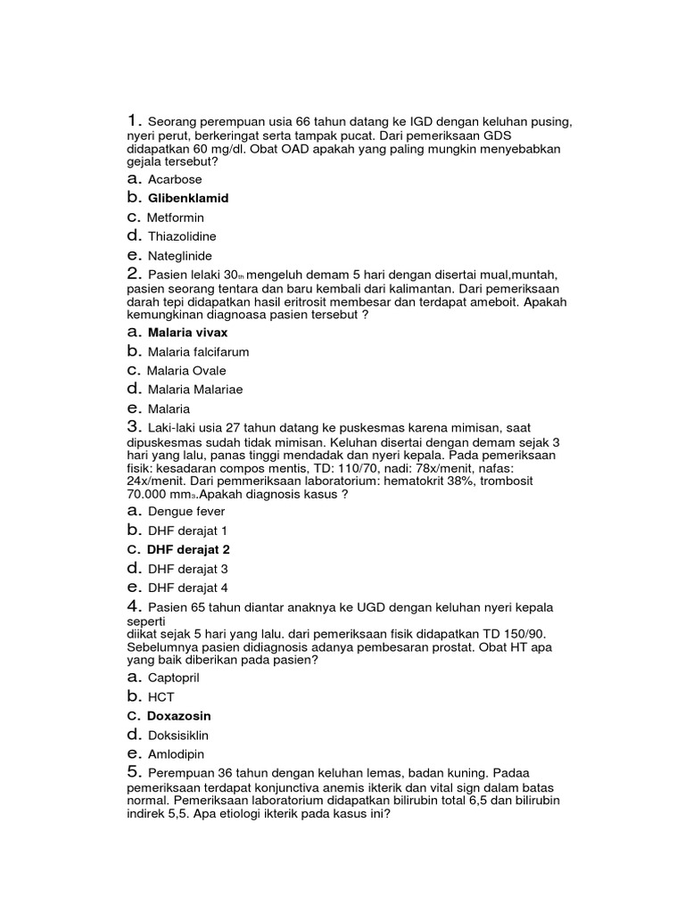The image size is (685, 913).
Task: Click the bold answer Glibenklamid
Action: click(x=188, y=198)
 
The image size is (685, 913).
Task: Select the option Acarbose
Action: click(x=175, y=179)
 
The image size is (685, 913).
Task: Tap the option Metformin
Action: click(x=176, y=218)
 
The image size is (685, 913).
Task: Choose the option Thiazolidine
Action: click(x=182, y=236)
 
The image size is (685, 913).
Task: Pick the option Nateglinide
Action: click(x=180, y=256)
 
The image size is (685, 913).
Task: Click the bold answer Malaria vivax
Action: click(x=188, y=333)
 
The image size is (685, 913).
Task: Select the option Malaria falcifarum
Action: click(x=198, y=352)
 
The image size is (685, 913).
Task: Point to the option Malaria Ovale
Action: click(x=186, y=371)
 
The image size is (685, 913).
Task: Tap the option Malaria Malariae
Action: click(x=195, y=390)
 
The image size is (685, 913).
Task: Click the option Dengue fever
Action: click(x=186, y=512)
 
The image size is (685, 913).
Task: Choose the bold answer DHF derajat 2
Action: click(x=188, y=549)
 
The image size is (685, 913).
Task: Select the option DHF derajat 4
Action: click(x=187, y=588)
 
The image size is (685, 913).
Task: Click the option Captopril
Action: click(x=174, y=678)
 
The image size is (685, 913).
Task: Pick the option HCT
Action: click(x=161, y=696)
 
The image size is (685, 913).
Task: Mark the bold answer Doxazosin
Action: click(x=179, y=716)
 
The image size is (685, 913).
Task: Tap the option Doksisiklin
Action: click(x=177, y=736)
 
